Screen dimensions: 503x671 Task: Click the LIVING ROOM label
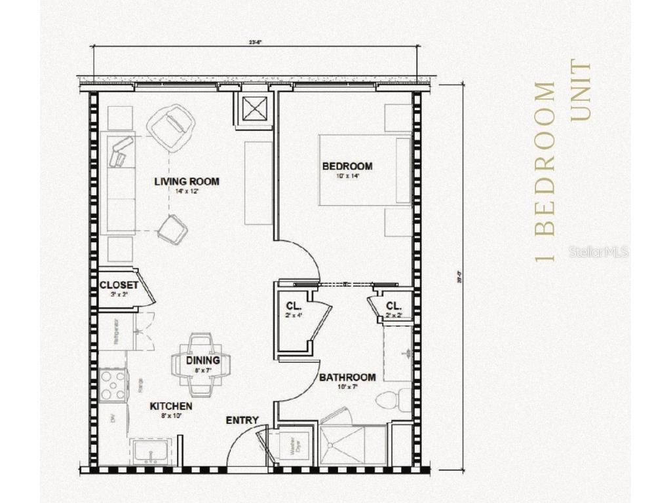tap(187, 181)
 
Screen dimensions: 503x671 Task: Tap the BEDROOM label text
tap(347, 166)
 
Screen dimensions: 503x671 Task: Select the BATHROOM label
tap(347, 377)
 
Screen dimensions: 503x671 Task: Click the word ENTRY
tap(242, 420)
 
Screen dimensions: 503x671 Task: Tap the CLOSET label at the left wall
tap(119, 286)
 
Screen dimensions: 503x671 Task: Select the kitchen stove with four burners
tap(113, 384)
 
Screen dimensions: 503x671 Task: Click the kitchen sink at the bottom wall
tap(152, 453)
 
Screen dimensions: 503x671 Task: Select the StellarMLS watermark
tap(598, 251)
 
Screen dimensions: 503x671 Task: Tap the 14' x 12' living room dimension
tap(186, 191)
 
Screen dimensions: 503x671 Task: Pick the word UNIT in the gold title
tap(581, 90)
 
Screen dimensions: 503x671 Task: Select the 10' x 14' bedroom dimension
tap(347, 176)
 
